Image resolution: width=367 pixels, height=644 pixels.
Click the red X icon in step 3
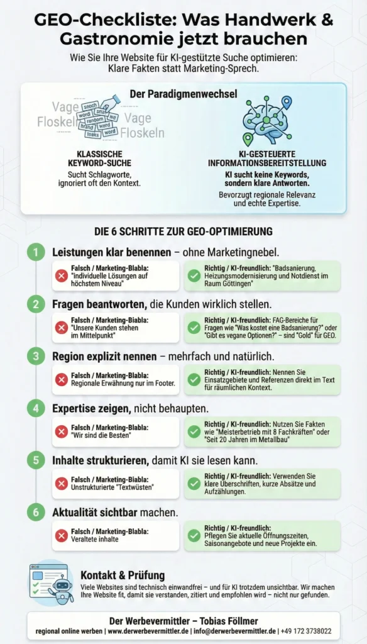(x=62, y=380)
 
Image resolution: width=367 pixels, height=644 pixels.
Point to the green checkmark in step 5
(x=194, y=484)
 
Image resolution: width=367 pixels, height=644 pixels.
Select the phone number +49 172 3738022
(x=306, y=631)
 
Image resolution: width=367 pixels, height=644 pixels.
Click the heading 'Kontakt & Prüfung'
(x=123, y=575)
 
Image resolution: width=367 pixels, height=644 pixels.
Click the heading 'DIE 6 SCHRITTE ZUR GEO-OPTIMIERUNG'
(x=183, y=231)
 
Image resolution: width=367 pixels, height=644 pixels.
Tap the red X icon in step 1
(x=62, y=276)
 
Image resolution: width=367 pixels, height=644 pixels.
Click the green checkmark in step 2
(x=194, y=328)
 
